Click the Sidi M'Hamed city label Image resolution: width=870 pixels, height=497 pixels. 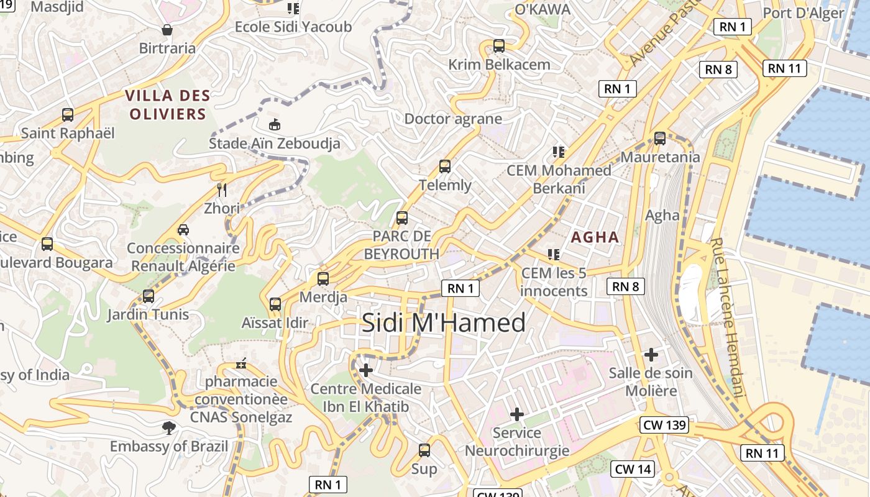(x=444, y=322)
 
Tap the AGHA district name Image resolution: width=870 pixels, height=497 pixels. (x=595, y=237)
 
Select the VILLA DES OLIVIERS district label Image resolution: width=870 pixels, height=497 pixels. (x=167, y=104)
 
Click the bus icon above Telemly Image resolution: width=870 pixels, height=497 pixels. (x=445, y=166)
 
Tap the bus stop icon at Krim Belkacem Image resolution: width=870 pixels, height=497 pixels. (x=498, y=45)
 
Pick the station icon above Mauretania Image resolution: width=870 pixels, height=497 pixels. (x=660, y=139)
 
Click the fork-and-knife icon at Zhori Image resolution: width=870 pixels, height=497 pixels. (x=221, y=189)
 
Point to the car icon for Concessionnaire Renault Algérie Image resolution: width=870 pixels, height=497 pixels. (x=183, y=230)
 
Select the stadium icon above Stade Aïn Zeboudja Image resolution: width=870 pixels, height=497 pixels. (x=274, y=124)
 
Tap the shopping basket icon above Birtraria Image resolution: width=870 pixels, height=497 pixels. (x=167, y=29)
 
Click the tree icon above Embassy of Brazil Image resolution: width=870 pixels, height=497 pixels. (x=168, y=427)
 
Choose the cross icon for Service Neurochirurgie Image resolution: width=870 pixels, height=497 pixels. (x=516, y=414)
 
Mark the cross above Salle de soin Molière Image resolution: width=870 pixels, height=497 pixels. (x=651, y=355)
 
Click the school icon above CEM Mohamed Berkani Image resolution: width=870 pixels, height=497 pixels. (x=558, y=152)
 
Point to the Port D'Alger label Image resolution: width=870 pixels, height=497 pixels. (x=803, y=13)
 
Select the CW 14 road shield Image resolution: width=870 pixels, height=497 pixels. (x=633, y=469)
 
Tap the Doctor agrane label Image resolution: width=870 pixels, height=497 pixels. (x=453, y=119)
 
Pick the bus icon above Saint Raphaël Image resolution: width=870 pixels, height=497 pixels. (x=68, y=114)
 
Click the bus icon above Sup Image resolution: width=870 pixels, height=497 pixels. (x=424, y=450)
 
